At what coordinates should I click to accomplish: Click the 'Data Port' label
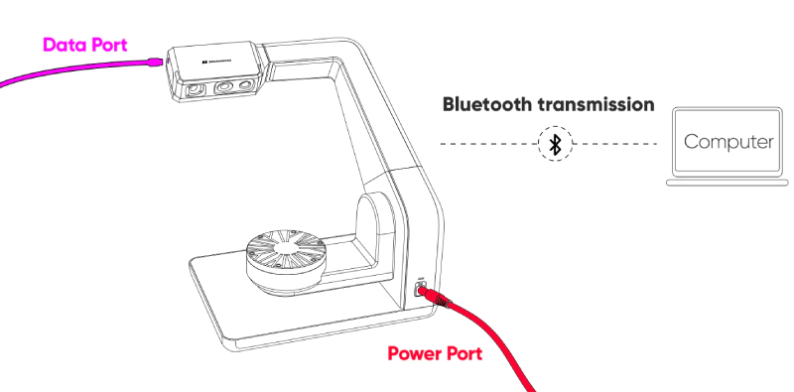tap(84, 46)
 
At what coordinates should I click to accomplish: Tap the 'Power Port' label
tap(435, 353)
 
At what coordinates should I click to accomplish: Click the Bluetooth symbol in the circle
tap(557, 145)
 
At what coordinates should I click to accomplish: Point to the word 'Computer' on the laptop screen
tap(728, 141)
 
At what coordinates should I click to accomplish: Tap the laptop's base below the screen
tap(728, 182)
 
